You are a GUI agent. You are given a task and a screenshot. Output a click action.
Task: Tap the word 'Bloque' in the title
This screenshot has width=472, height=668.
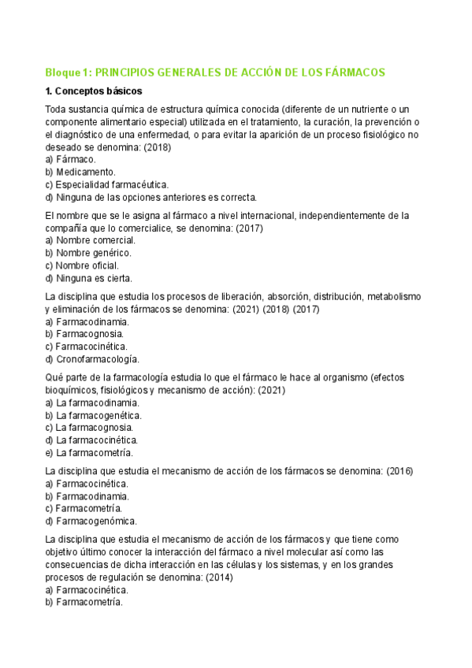point(62,72)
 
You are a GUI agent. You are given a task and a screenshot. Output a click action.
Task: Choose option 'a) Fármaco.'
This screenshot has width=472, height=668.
point(71,159)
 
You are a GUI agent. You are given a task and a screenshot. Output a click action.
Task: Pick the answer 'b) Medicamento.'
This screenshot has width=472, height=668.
point(80,172)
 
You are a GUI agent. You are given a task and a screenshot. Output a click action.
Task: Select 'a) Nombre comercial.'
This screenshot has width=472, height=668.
point(90,240)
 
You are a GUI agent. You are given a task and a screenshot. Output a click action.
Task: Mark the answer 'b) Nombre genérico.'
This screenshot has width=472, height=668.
point(88,253)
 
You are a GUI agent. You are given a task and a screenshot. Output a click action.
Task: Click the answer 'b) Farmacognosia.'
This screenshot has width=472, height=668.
point(84,334)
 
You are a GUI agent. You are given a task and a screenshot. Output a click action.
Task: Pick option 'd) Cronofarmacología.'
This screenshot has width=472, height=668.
point(91,359)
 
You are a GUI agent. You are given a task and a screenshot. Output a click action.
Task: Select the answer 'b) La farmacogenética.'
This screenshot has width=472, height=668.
point(93,415)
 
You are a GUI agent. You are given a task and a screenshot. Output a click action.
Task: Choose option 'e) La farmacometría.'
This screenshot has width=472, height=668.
point(89,453)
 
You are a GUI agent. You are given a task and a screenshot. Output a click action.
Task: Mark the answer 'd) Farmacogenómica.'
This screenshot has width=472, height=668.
point(91,521)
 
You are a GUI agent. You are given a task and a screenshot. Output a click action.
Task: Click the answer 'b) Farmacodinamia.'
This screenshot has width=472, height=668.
point(87,496)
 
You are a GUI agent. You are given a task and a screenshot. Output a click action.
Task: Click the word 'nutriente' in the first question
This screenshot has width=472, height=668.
point(359,109)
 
